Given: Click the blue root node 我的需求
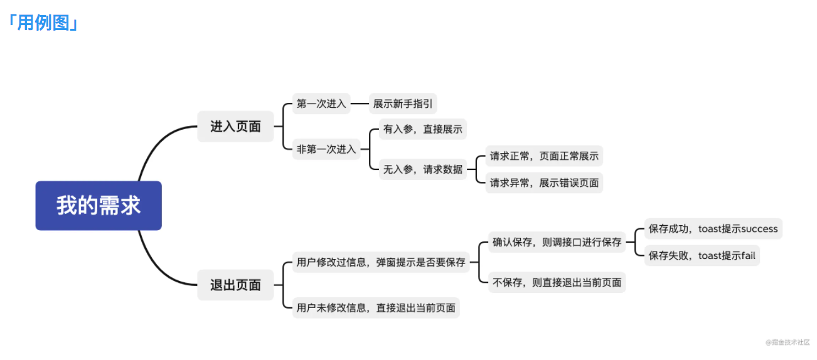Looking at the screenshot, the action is click(99, 206).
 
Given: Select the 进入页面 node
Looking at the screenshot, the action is click(235, 127).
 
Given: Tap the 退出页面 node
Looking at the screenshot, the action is click(235, 285).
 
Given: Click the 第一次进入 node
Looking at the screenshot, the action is click(321, 104).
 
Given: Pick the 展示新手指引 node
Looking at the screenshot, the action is click(403, 104).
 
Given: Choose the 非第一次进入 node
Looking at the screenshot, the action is click(326, 149).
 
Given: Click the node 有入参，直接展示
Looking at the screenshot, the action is click(423, 129).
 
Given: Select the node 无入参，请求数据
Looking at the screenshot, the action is click(423, 169).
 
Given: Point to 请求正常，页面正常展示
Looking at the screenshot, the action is click(544, 156).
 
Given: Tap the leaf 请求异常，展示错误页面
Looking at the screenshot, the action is click(544, 183).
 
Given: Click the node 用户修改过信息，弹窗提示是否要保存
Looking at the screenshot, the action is click(381, 262).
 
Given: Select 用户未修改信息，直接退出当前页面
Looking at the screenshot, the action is click(376, 308).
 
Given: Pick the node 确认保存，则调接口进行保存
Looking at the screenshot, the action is click(557, 242).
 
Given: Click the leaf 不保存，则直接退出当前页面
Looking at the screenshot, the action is click(557, 282).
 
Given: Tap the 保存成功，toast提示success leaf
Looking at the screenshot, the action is click(713, 229).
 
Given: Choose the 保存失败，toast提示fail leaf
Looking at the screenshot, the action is click(702, 256).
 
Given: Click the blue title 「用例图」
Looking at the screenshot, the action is click(43, 23).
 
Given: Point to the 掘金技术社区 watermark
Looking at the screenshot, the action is click(788, 342).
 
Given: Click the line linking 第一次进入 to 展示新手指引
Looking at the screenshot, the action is click(360, 104).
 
